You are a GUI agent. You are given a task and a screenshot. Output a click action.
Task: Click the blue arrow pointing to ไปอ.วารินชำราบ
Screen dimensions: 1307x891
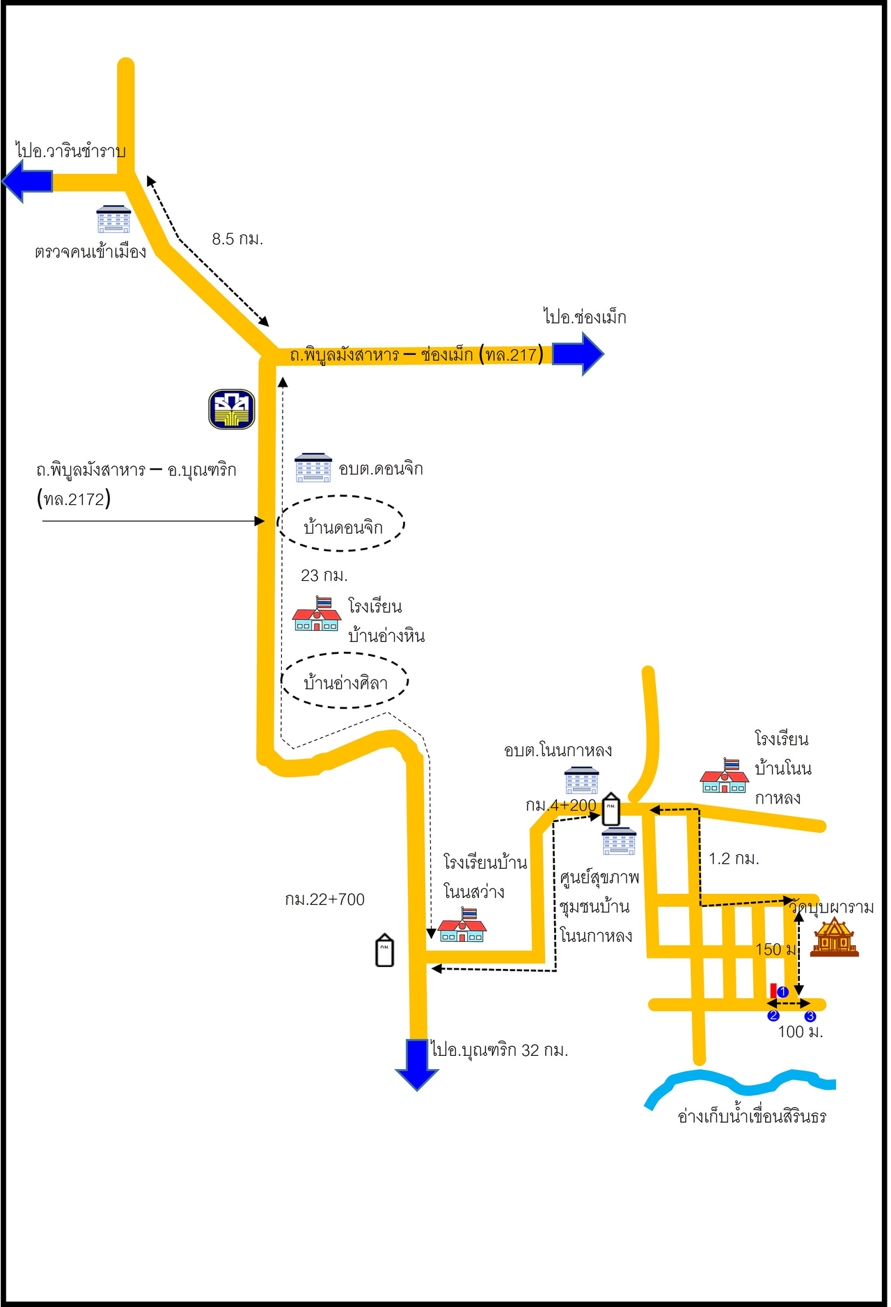(x=28, y=181)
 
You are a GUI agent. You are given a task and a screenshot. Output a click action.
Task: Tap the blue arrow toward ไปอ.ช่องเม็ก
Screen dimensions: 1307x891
(x=578, y=353)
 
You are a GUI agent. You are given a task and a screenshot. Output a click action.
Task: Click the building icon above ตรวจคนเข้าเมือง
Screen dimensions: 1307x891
(x=113, y=219)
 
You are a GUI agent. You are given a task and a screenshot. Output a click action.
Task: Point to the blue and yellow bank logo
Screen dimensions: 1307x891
(x=232, y=409)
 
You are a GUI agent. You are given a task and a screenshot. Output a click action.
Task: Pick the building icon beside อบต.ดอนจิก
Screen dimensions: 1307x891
(x=313, y=467)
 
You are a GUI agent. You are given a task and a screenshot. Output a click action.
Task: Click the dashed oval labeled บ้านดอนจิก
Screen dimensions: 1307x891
(x=341, y=524)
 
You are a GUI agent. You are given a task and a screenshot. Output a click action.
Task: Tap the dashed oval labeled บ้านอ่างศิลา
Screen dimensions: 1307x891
(x=345, y=681)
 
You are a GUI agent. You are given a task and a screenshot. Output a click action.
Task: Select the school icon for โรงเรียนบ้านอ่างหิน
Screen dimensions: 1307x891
(x=317, y=614)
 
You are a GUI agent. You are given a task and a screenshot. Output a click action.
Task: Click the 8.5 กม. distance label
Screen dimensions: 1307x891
(x=237, y=239)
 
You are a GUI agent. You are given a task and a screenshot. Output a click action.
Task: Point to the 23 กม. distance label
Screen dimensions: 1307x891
(x=324, y=576)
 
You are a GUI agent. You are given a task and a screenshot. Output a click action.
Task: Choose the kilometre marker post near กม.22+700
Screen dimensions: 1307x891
(x=384, y=951)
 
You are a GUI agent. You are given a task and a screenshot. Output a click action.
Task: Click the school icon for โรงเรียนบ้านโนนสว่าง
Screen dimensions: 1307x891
(x=462, y=926)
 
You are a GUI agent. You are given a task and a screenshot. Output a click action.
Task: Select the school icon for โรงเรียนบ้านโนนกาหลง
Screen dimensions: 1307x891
(x=725, y=776)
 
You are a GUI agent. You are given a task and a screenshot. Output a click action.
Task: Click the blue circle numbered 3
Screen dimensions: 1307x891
(x=810, y=1016)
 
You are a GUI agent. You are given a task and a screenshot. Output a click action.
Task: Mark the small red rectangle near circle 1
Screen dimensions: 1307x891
(x=773, y=990)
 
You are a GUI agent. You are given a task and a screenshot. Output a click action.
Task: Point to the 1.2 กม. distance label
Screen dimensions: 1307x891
(x=734, y=859)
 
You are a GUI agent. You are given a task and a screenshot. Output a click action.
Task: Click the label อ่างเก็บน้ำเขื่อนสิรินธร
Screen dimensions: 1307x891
(x=752, y=1117)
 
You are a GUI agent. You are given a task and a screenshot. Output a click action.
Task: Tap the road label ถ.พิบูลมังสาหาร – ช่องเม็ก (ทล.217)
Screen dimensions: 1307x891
(x=416, y=355)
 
